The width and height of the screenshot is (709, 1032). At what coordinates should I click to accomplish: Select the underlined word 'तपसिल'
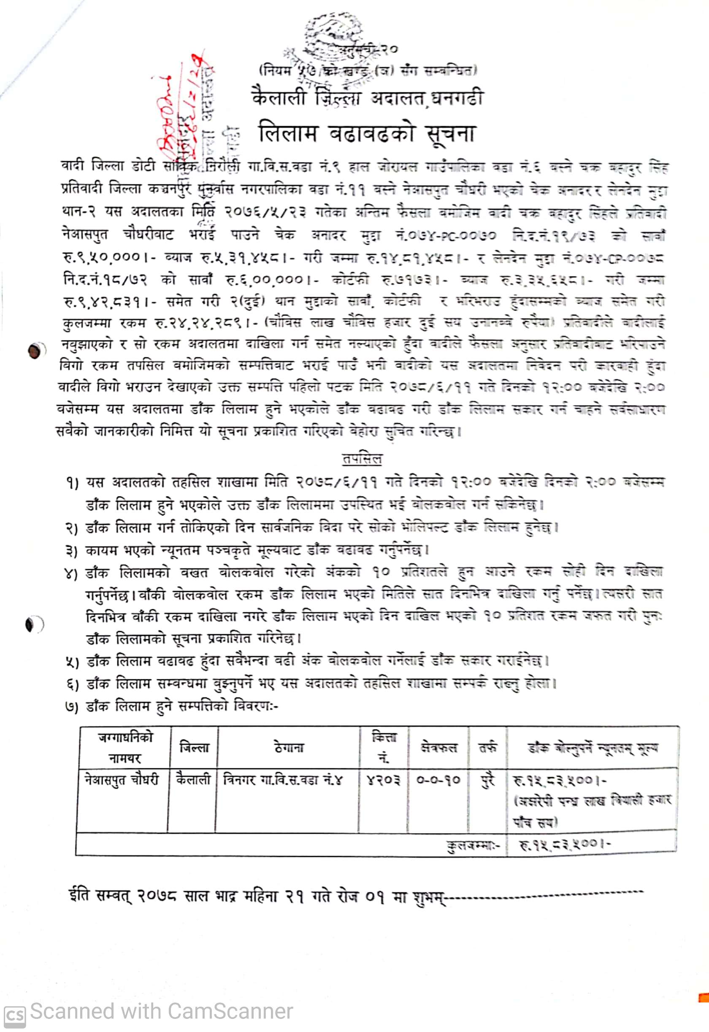362,459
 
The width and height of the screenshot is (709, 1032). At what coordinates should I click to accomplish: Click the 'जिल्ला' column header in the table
194,748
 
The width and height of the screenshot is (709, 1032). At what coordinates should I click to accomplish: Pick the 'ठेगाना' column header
289,748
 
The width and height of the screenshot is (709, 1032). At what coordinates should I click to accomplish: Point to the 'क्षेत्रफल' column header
438,748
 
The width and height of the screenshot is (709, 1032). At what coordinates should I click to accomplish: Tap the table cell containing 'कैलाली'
193,780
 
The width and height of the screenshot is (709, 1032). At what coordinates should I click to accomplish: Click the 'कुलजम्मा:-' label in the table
473,845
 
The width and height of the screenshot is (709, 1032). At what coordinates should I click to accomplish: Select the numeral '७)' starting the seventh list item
71,707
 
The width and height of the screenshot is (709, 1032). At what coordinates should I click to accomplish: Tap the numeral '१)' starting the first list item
71,483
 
